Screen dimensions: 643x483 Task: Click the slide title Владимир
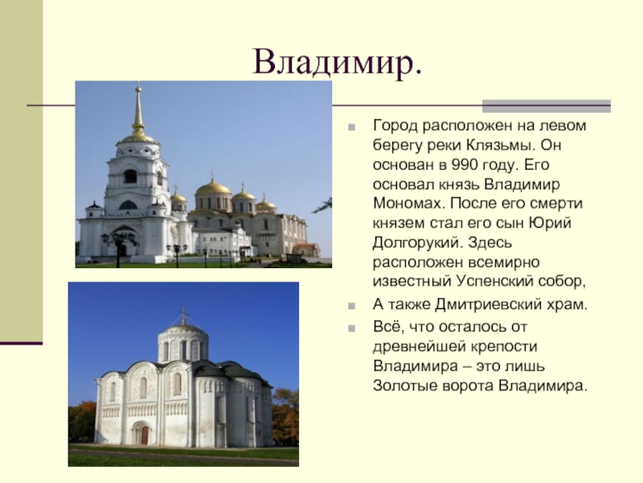[337, 62]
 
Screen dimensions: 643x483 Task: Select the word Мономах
[409, 204]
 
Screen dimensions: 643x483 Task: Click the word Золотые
[403, 386]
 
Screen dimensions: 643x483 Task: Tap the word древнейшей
[420, 347]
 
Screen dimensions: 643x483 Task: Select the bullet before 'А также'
[351, 306]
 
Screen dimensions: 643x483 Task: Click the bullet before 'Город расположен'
[351, 127]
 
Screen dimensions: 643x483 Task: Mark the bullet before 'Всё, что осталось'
[351, 328]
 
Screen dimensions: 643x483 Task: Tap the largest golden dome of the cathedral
[213, 188]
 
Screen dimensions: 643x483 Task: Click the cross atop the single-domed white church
[184, 314]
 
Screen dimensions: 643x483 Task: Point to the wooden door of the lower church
[145, 436]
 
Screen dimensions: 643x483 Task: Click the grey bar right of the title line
[547, 106]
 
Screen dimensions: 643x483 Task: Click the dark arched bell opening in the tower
[130, 176]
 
